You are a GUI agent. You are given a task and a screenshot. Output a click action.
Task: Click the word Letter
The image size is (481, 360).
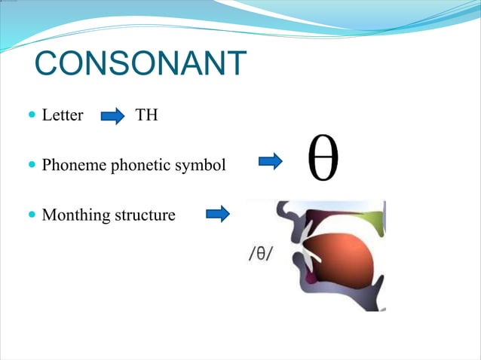tap(62, 117)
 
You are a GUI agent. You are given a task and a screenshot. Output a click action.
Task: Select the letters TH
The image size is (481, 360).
tap(146, 117)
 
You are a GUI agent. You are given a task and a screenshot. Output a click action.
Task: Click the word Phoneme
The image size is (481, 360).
tap(75, 164)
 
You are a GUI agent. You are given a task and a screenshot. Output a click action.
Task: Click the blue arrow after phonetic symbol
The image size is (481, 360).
tap(270, 160)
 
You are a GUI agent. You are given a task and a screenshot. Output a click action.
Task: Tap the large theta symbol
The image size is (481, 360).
tap(323, 160)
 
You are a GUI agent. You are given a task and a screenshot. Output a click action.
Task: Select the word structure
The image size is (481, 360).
tap(145, 215)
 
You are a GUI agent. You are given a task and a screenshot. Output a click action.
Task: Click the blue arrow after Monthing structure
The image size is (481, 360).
tap(217, 214)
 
